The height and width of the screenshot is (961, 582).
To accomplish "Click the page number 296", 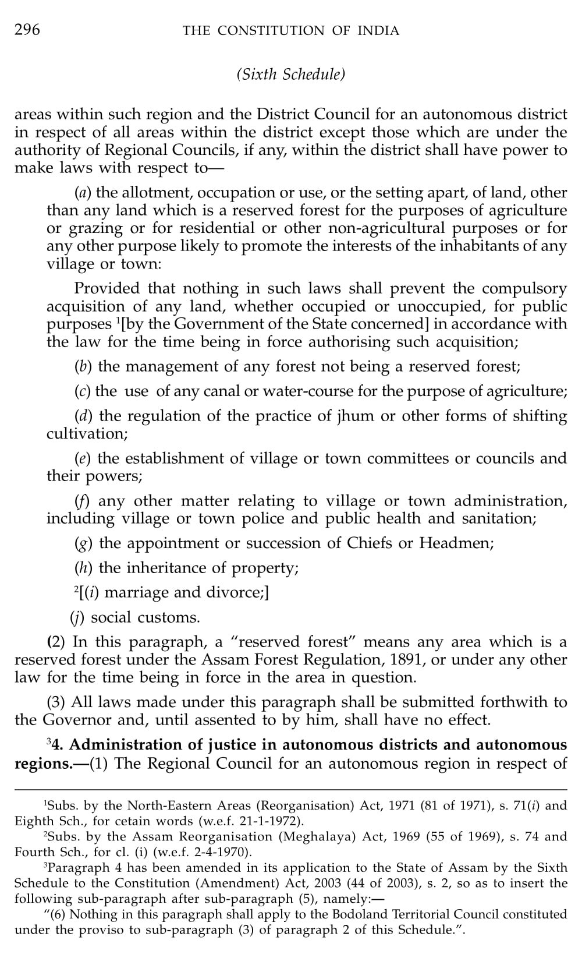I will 27,30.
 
